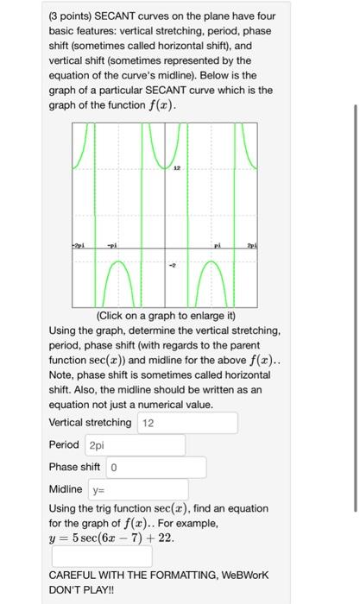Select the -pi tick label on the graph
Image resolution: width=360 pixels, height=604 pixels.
(113, 246)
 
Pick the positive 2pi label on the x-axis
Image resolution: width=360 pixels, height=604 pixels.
(253, 246)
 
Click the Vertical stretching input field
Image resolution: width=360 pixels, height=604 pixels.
(186, 423)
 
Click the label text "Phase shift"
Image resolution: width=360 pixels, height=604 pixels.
(74, 468)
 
